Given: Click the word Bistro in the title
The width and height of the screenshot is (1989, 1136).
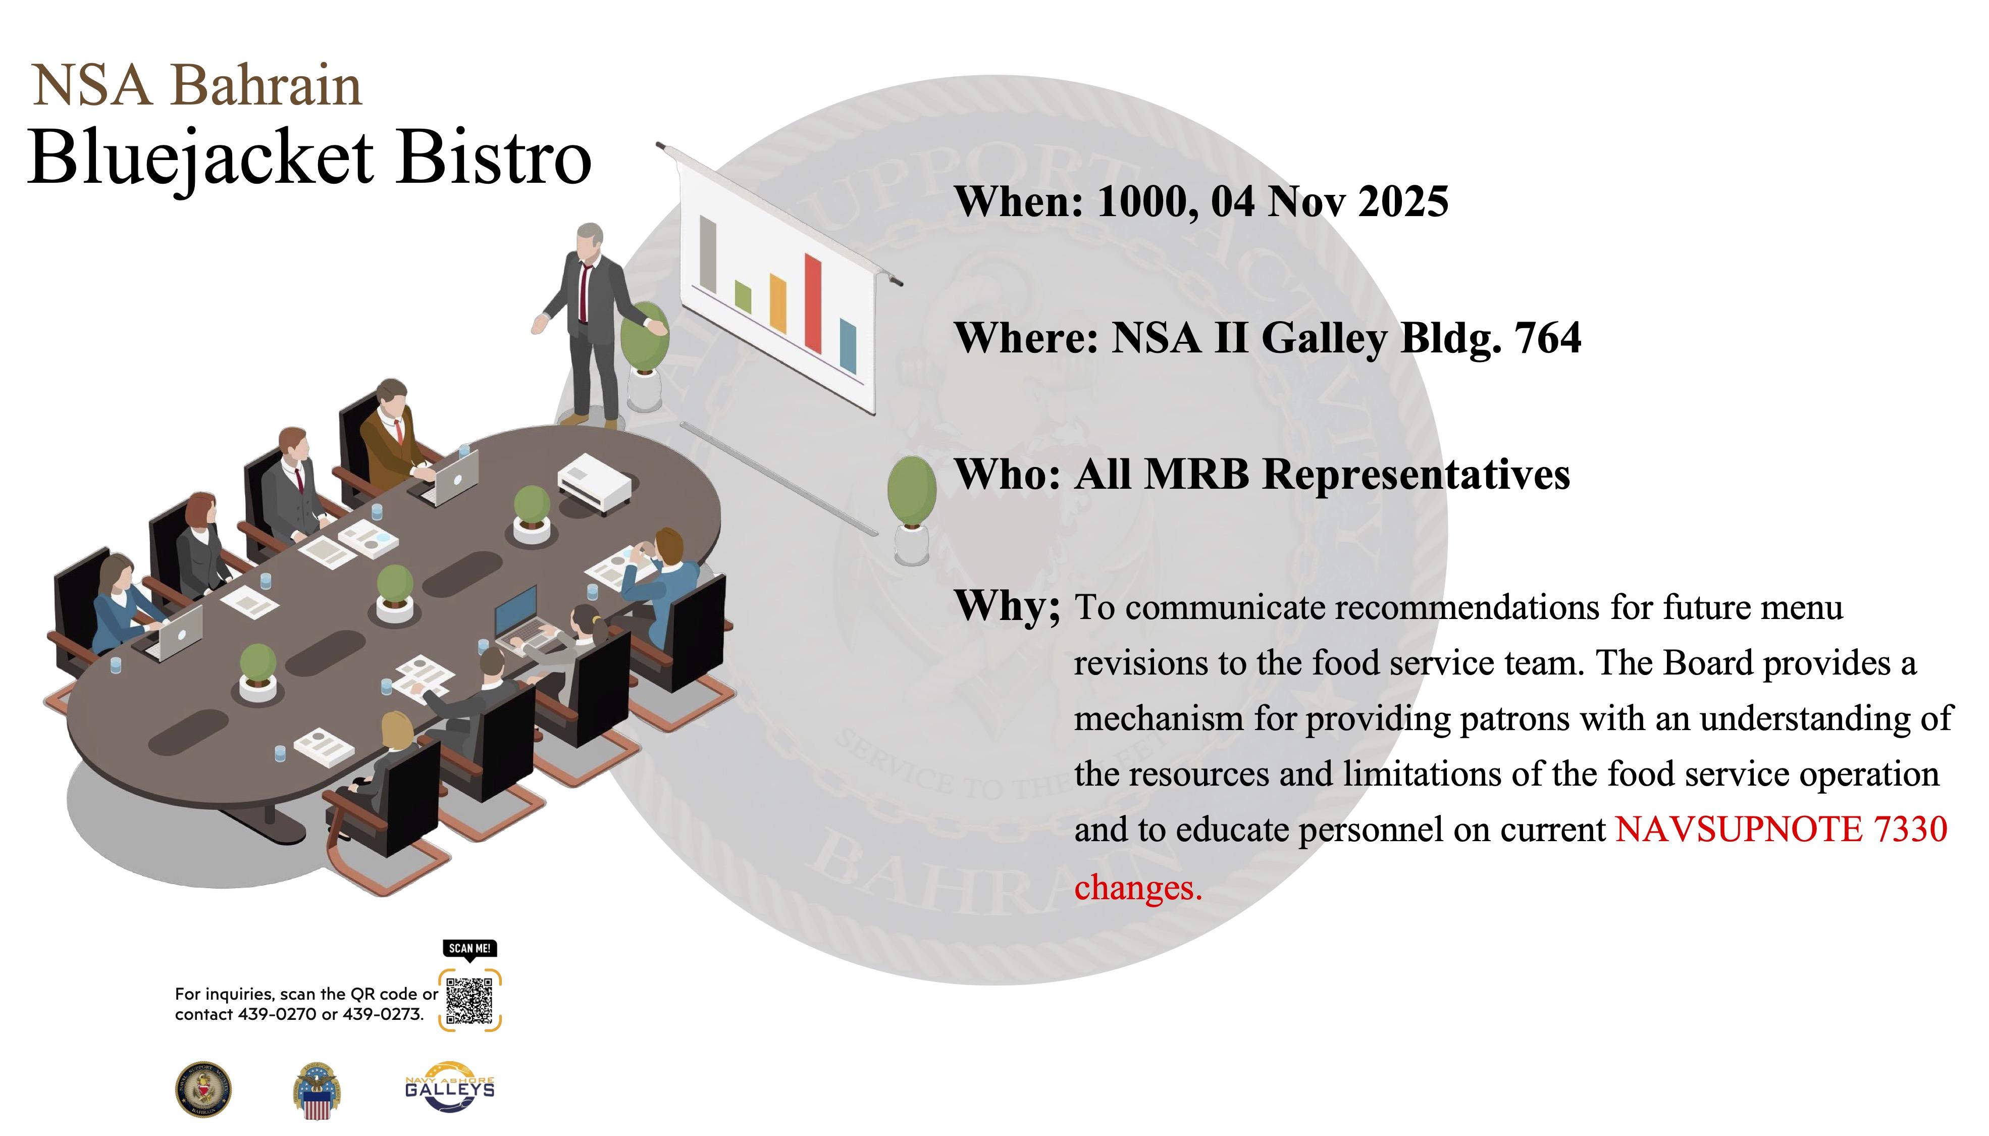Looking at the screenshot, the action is [494, 157].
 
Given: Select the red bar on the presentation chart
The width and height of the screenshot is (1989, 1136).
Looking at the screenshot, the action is [813, 303].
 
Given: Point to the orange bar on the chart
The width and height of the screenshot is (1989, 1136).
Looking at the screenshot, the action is [777, 303].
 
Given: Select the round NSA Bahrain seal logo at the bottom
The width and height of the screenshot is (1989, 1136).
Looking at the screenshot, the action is [203, 1089].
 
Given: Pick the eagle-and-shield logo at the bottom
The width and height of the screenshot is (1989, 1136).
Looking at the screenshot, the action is [317, 1091].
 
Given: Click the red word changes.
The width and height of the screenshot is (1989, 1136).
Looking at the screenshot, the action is [1138, 887].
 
